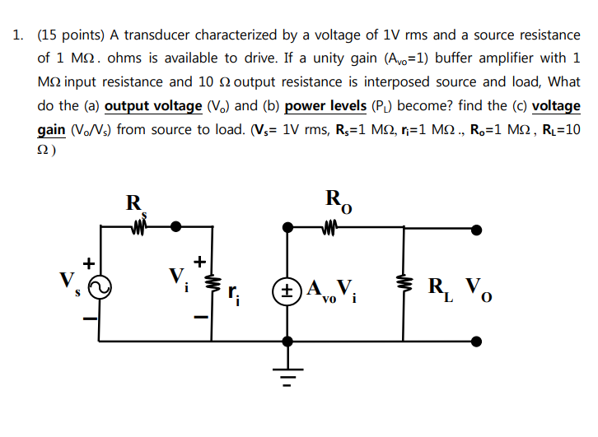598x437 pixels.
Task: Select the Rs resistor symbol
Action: (137, 225)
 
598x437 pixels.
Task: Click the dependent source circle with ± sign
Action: (287, 289)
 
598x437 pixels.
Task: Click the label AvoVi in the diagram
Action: (330, 290)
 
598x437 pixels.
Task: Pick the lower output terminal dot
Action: (477, 340)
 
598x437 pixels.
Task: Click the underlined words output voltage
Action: (154, 106)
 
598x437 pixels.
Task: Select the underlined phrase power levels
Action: (325, 106)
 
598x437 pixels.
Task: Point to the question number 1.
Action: (17, 35)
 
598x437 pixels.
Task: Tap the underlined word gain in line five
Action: (54, 130)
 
